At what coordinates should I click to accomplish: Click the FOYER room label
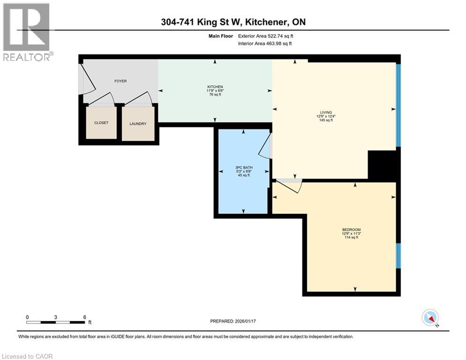[x=120, y=81]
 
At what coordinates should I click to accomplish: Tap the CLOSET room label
[x=101, y=123]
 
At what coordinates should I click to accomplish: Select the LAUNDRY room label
[x=138, y=124]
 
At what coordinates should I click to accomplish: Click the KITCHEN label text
[x=215, y=87]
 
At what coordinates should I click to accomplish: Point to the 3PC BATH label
[x=242, y=166]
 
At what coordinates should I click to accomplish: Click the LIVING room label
[x=326, y=112]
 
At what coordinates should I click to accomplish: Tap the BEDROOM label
[x=350, y=229]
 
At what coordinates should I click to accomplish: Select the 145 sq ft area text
[x=326, y=120]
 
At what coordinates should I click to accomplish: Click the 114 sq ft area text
[x=350, y=237]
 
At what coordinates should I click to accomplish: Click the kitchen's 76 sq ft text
[x=215, y=95]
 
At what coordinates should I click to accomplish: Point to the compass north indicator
[x=429, y=318]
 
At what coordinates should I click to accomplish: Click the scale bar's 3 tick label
[x=56, y=317]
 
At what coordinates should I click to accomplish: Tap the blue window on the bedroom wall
[x=399, y=256]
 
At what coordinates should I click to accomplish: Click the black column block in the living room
[x=382, y=165]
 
